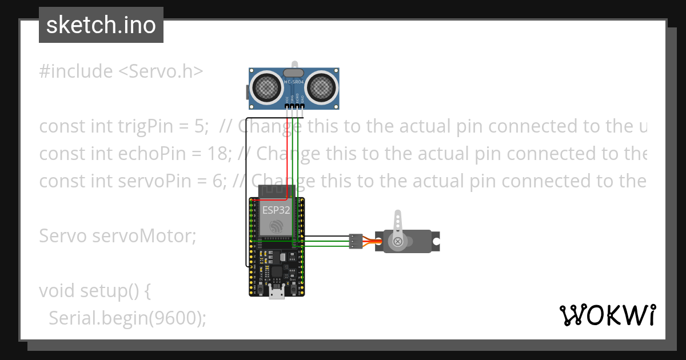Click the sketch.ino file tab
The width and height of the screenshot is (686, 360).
click(101, 25)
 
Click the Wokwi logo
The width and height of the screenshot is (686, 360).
click(607, 315)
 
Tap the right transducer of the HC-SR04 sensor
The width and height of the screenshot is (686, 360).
click(322, 87)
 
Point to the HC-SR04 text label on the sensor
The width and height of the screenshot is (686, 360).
click(294, 83)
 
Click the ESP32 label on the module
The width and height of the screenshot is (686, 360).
click(276, 210)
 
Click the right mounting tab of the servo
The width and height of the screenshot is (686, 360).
click(436, 242)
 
